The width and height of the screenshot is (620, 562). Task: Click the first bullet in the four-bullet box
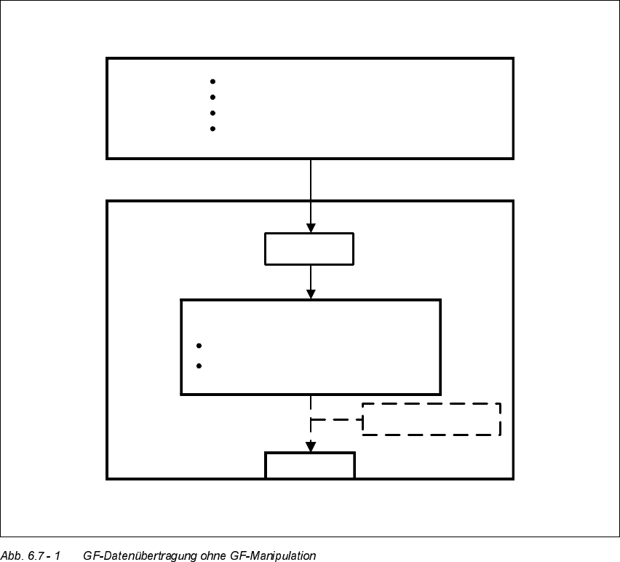point(212,81)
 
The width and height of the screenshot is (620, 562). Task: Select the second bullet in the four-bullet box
point(212,97)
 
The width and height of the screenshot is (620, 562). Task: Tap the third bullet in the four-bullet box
point(212,113)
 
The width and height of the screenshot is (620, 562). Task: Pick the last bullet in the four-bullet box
point(212,129)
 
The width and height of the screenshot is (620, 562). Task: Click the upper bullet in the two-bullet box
point(199,346)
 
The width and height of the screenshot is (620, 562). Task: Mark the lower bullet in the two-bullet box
point(199,365)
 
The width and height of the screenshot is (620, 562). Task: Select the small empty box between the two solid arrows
point(309,249)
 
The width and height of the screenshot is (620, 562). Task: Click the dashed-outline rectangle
point(432,419)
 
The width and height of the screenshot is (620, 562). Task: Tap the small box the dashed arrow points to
point(310,465)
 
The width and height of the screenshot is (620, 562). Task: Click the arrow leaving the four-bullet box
point(311,193)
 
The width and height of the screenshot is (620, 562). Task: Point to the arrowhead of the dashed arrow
point(311,447)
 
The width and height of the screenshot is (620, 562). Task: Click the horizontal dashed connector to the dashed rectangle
point(336,420)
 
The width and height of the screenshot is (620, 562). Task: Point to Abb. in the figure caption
point(11,556)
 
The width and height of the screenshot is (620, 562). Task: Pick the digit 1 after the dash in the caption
point(57,556)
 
